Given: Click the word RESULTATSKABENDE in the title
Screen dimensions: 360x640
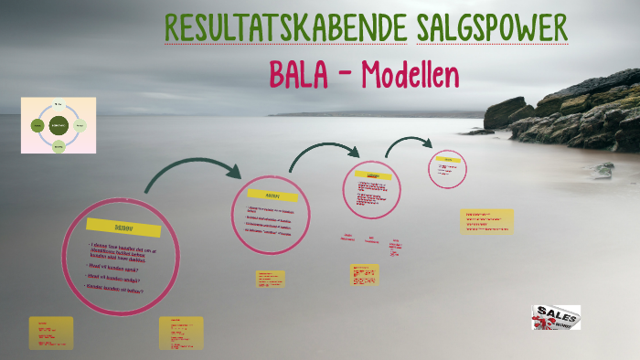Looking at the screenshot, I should tap(285, 29).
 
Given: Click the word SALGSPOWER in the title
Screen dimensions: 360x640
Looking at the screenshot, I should tap(492, 29).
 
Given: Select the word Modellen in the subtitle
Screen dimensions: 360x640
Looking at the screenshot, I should tap(410, 75).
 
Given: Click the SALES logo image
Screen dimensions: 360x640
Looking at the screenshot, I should tap(556, 317).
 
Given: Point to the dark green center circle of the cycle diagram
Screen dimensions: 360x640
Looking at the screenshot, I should tap(59, 124).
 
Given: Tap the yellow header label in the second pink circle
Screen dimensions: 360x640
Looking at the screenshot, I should tap(272, 196).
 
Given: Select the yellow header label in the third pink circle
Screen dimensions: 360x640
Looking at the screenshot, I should tap(372, 175).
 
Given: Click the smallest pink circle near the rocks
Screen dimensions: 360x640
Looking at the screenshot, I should tap(447, 168).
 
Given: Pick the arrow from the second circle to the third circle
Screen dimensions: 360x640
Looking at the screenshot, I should tap(324, 153).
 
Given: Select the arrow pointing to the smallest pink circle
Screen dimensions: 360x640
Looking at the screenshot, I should tap(409, 143).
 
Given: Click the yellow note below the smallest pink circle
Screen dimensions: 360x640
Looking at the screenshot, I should tap(487, 221).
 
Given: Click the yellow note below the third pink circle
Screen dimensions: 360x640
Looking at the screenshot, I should tap(365, 274).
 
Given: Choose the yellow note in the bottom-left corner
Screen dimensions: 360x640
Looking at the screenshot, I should tap(50, 334).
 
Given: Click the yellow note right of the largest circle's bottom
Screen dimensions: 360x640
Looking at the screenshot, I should tap(181, 333).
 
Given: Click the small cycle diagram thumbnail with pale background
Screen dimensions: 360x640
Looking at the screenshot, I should tap(59, 125).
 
